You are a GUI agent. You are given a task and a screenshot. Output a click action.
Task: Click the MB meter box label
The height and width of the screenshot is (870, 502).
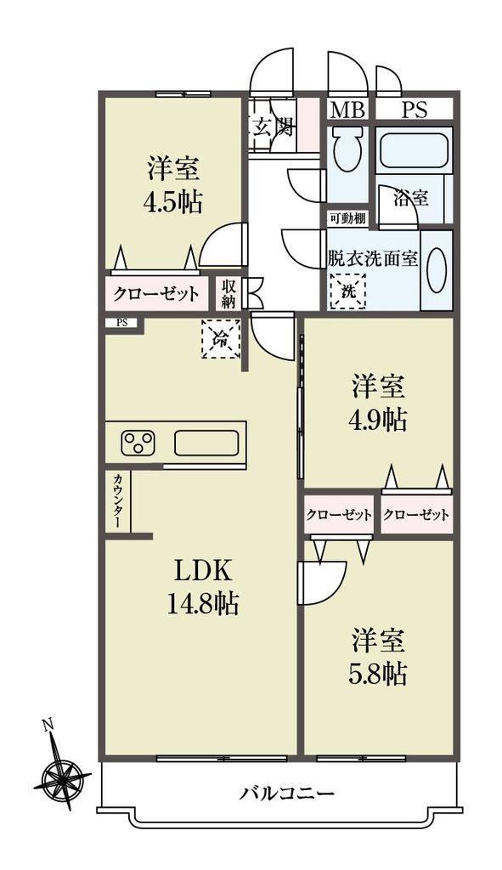(347, 110)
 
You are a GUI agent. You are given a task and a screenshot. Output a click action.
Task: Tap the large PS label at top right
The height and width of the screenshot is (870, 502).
(415, 110)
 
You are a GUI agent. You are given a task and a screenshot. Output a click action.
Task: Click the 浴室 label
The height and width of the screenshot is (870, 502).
(410, 197)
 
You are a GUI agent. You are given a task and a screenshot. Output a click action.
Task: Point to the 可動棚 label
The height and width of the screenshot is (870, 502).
(347, 218)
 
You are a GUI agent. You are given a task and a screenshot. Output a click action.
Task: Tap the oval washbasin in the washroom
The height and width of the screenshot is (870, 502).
(436, 270)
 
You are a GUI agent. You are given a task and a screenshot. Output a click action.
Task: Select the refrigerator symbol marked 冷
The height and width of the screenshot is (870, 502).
(221, 339)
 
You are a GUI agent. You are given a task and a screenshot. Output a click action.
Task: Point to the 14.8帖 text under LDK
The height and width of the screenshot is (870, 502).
(202, 602)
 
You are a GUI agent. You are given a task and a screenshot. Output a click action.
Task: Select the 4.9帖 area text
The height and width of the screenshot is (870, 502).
(378, 420)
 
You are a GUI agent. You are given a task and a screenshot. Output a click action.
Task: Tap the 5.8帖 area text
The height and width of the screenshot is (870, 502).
(378, 674)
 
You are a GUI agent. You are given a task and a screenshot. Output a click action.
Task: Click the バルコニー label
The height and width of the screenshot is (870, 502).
(287, 793)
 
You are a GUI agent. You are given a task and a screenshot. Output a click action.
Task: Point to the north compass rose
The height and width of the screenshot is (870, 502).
(61, 775)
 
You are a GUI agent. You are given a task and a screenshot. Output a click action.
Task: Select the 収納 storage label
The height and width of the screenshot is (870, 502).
(229, 293)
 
